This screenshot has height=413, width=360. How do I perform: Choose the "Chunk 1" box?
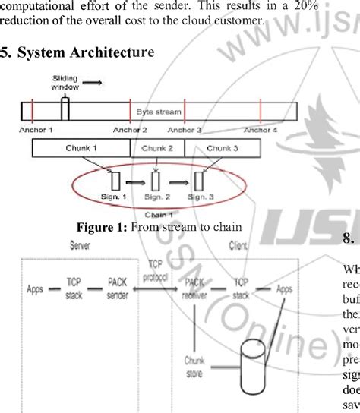(x=84, y=148)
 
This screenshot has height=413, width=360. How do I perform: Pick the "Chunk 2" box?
(x=159, y=148)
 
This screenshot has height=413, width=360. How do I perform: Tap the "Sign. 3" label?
(x=198, y=197)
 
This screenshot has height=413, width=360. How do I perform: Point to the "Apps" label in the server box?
(x=34, y=289)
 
